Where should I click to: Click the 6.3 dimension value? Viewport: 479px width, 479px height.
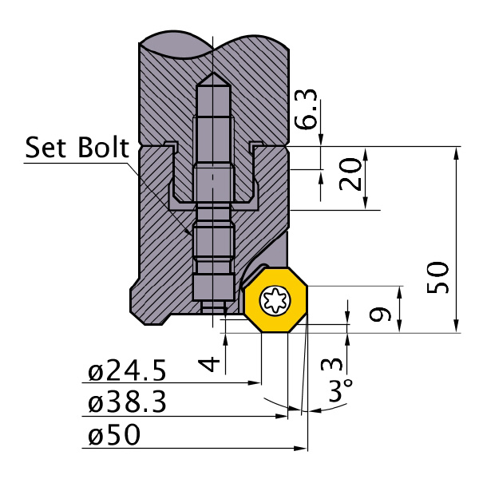[307, 109]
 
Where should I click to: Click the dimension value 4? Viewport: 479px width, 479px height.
[208, 364]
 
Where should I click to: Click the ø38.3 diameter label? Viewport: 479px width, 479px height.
[127, 403]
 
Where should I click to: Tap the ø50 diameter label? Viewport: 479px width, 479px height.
[114, 435]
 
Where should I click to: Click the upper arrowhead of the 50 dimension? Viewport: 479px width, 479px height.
[457, 152]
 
